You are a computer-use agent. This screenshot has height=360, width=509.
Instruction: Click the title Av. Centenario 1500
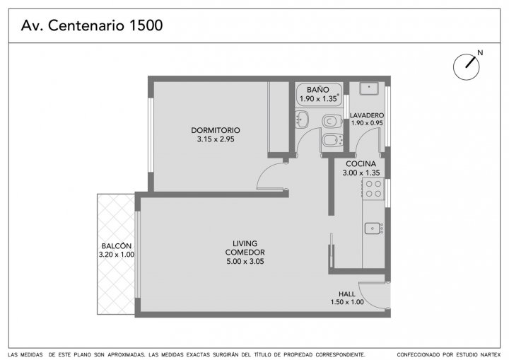pos(92,25)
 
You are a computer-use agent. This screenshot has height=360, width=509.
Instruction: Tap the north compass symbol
pos(467,66)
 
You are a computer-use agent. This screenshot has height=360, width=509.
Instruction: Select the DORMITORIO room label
pos(216,130)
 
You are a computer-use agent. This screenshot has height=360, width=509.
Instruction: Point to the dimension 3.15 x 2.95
pos(216,139)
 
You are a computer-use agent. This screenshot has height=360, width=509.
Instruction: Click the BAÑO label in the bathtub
pos(318,90)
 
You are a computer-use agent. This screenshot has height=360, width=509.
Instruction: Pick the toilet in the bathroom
pos(332,121)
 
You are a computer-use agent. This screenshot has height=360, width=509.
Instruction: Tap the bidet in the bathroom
pos(332,140)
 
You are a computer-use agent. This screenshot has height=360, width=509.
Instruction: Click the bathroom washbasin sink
pos(302,120)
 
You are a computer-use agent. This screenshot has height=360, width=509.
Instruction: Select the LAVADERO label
pos(367,115)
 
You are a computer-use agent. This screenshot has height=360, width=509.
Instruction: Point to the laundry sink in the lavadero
pos(369,88)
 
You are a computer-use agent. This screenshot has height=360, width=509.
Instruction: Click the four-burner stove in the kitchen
pos(373,189)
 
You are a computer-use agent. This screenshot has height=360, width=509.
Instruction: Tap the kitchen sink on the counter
pos(373,228)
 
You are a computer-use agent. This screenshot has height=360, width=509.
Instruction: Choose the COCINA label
pos(361,164)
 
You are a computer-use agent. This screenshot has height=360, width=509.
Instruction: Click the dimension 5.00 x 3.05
pos(245,262)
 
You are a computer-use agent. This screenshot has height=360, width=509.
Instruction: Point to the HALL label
pos(347,294)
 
